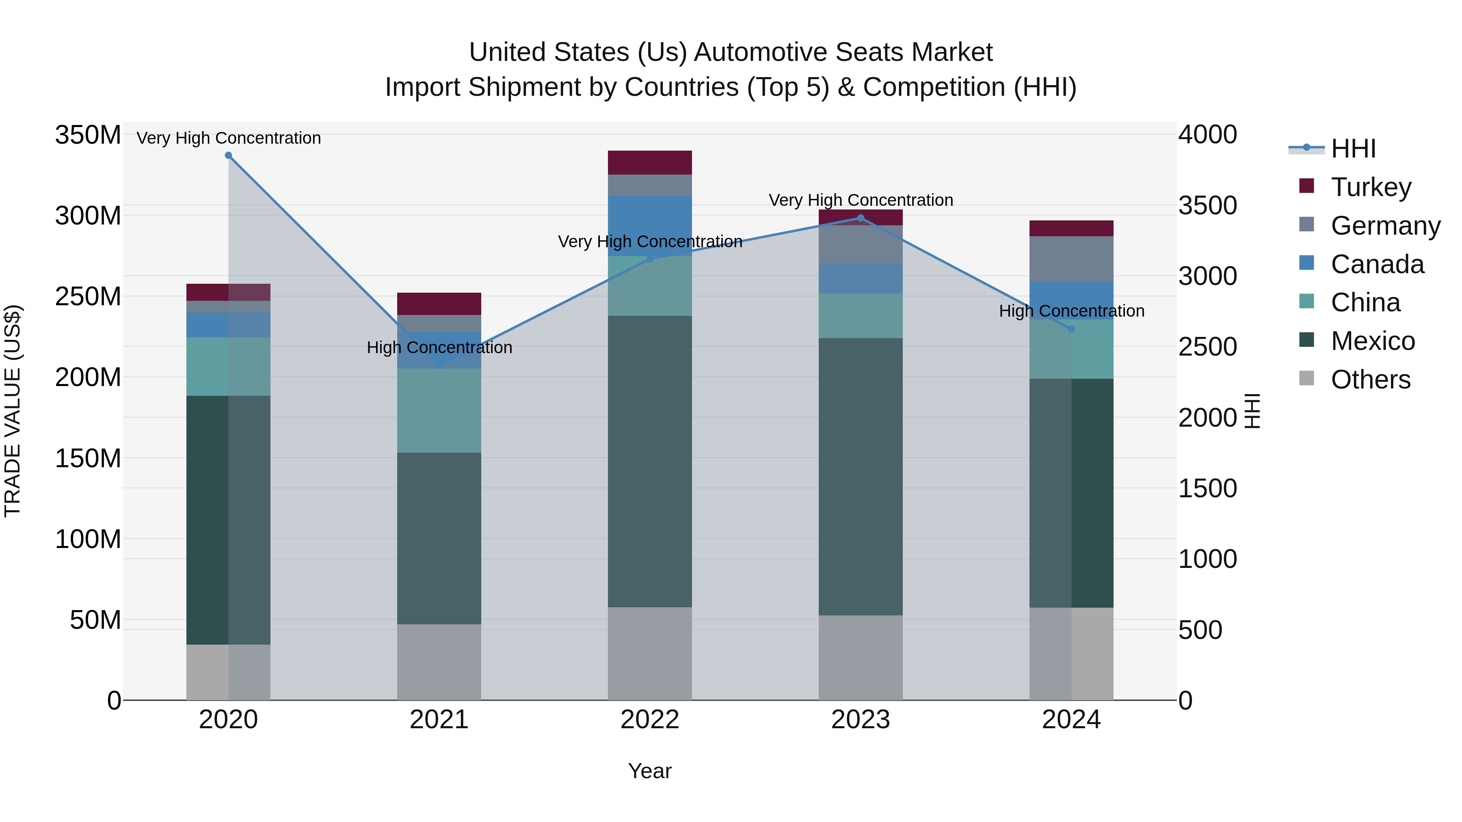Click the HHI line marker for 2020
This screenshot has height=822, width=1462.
228,155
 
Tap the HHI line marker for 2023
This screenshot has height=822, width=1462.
861,218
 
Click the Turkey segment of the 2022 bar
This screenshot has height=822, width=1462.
650,163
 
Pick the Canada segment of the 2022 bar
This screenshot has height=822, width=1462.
650,226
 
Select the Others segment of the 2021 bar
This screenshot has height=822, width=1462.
439,662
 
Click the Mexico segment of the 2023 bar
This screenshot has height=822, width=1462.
861,477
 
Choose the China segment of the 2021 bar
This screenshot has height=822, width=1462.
439,411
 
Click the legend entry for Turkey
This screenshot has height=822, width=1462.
1371,187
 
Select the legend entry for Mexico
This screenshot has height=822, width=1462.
1372,341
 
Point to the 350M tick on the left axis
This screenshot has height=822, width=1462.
88,135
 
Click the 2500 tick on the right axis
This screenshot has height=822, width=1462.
1207,347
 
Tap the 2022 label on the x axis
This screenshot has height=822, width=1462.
650,720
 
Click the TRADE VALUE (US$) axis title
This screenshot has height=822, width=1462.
13,411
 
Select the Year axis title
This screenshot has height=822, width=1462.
650,771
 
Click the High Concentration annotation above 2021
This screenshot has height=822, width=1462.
439,347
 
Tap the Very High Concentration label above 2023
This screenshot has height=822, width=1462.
861,200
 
